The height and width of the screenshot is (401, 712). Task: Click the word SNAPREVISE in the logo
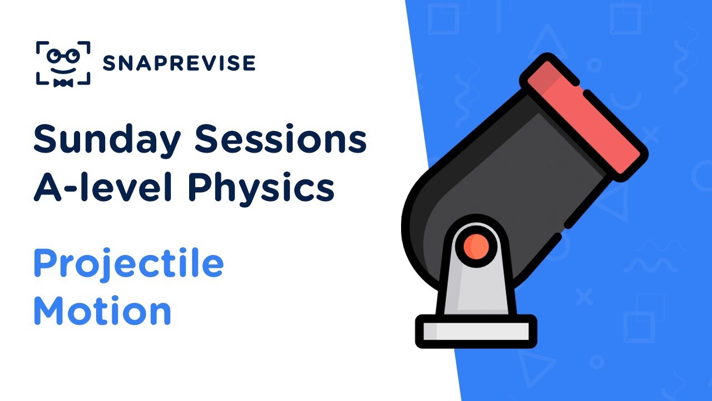click(x=179, y=63)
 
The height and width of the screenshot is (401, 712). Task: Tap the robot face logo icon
click(x=63, y=62)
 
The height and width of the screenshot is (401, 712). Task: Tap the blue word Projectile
click(x=128, y=265)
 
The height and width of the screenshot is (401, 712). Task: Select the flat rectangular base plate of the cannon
click(x=476, y=331)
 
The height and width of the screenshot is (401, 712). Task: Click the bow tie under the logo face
click(x=63, y=82)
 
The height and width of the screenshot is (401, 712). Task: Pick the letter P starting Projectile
click(x=44, y=264)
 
